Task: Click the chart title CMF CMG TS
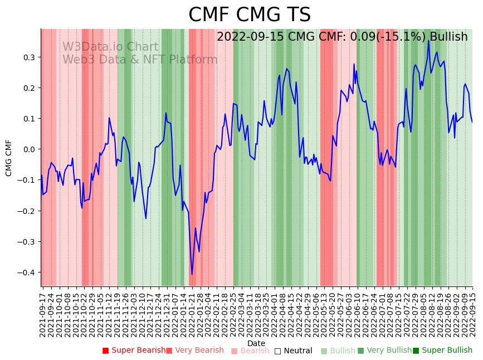pyautogui.click(x=249, y=15)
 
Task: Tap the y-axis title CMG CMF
pyautogui.click(x=9, y=158)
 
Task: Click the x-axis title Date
pyautogui.click(x=256, y=343)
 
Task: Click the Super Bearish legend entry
pyautogui.click(x=134, y=351)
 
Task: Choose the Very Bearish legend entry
pyautogui.click(x=194, y=351)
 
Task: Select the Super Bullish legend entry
pyautogui.click(x=442, y=351)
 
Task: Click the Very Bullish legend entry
pyautogui.click(x=384, y=351)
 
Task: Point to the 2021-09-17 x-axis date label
pyautogui.click(x=43, y=312)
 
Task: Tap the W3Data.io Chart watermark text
pyautogui.click(x=110, y=47)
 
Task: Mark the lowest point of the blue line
pyautogui.click(x=192, y=274)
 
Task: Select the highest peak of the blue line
pyautogui.click(x=428, y=40)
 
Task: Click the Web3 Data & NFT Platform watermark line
pyautogui.click(x=140, y=60)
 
